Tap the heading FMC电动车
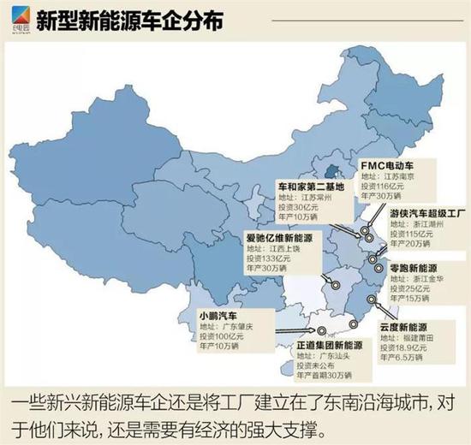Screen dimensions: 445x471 tap(389, 163)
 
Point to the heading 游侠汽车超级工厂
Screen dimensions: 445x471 tap(425, 211)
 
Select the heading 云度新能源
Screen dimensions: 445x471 tap(400, 328)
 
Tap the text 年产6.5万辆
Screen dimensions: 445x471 tap(398, 359)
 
